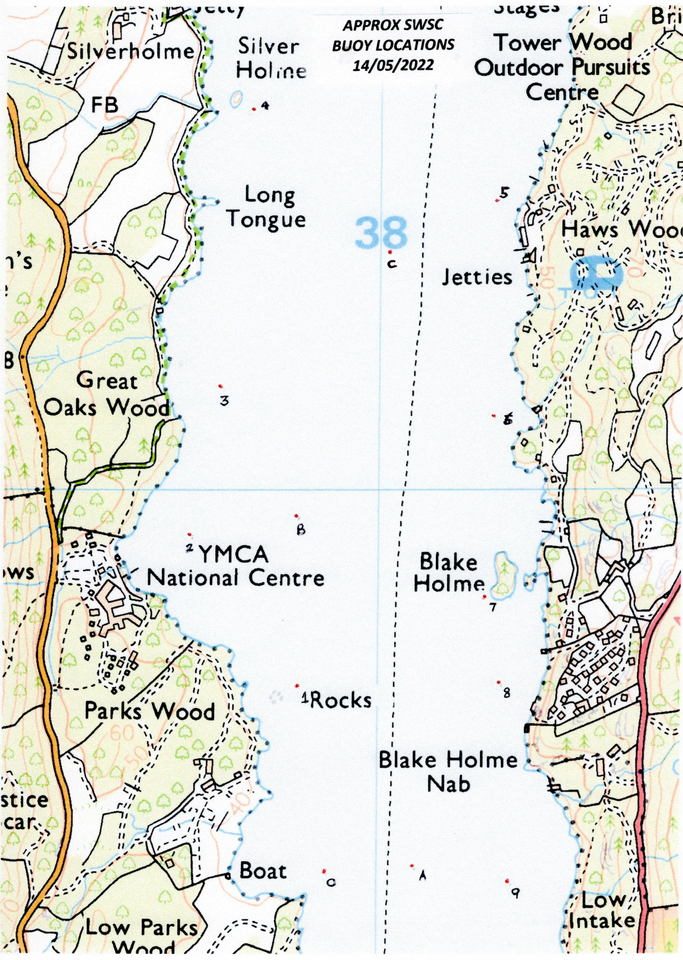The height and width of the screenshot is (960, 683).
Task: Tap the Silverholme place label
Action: (131, 52)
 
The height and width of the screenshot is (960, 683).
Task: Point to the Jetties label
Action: (477, 277)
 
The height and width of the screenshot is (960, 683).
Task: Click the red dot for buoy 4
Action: (253, 110)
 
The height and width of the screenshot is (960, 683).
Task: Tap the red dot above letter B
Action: (296, 515)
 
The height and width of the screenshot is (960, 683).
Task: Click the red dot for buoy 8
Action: (498, 694)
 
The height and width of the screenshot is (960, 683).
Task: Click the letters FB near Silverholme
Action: (105, 105)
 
